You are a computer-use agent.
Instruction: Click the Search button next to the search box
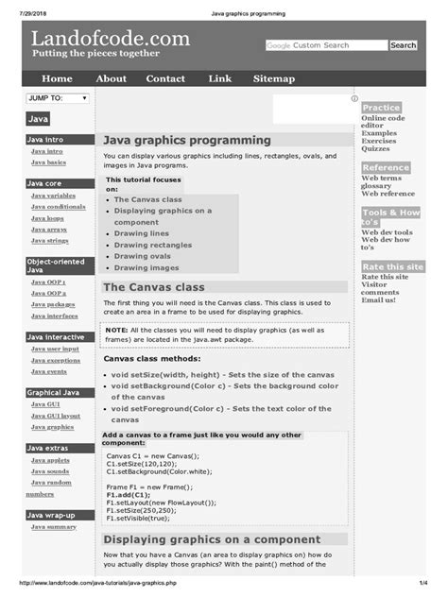(403, 45)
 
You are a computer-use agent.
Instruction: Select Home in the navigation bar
(57, 79)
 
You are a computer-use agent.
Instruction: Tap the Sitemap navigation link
(273, 79)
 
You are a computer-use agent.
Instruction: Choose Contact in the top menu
(165, 79)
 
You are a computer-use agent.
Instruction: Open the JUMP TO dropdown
(58, 97)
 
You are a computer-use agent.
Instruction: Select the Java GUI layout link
(56, 415)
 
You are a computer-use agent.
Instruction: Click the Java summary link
(54, 526)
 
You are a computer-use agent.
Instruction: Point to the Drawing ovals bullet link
(143, 255)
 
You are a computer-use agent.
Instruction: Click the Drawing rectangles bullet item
(153, 245)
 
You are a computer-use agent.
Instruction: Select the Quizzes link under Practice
(375, 148)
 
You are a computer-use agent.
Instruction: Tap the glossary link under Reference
(377, 186)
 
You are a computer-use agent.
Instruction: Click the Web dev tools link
(387, 231)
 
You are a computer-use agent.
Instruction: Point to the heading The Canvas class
(153, 287)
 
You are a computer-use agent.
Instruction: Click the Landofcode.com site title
(111, 39)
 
